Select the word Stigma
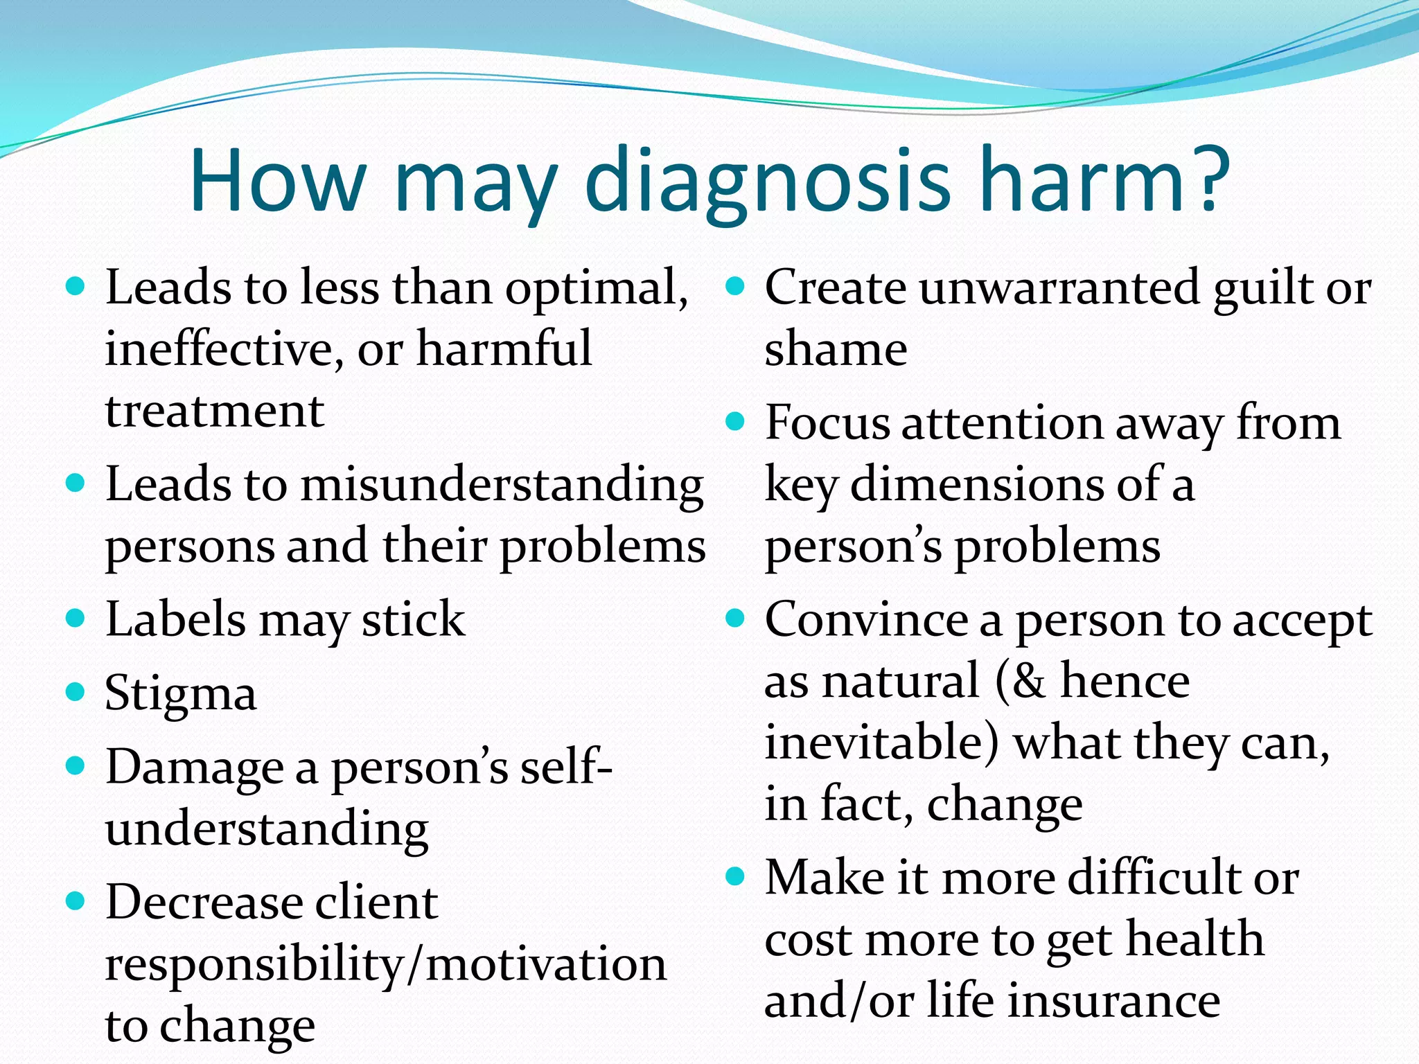(181, 693)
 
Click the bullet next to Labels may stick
(75, 618)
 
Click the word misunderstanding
(502, 484)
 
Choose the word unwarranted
(1059, 287)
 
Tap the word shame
(836, 348)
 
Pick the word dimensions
(976, 484)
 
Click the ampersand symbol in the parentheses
(1028, 682)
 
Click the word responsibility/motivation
(385, 964)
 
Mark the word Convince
(866, 619)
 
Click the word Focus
(827, 423)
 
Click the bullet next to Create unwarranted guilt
(734, 286)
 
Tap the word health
(1195, 939)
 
